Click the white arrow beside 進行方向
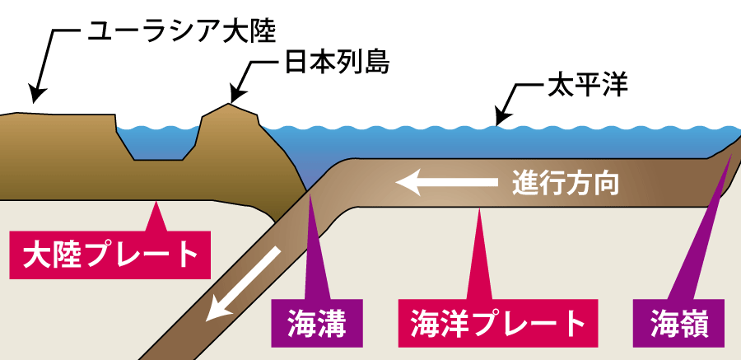449,180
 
